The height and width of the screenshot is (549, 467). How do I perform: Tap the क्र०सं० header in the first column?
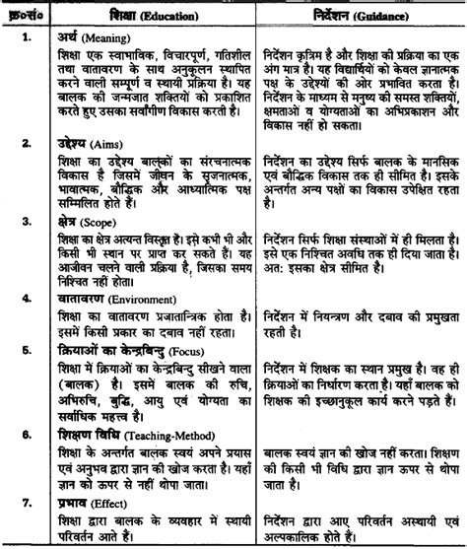22,17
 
